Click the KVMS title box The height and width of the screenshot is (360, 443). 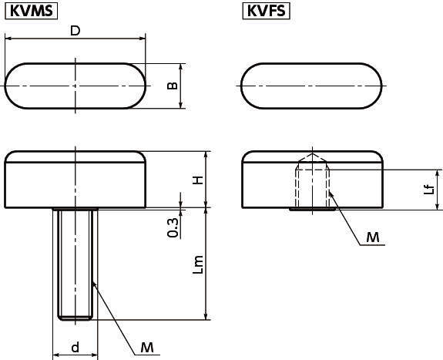(32, 11)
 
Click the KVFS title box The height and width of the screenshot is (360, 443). (266, 11)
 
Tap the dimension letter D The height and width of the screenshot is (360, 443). (76, 31)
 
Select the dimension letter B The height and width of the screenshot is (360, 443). (172, 86)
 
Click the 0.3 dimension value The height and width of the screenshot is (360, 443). (173, 227)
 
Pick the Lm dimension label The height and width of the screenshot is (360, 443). (198, 264)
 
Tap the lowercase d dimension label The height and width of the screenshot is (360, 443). (76, 347)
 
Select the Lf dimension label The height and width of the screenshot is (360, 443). (428, 189)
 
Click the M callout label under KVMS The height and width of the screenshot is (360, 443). (147, 347)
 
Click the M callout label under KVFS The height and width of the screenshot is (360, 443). (373, 237)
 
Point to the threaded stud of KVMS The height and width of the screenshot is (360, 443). (76, 264)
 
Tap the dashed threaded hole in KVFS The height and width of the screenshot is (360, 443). (312, 188)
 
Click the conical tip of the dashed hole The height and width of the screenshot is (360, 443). (312, 153)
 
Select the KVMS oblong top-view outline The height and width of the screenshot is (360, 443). (5, 86)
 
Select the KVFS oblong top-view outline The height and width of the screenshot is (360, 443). (241, 86)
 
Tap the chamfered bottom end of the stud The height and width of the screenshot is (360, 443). (76, 318)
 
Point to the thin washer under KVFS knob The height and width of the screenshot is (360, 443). (313, 209)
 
